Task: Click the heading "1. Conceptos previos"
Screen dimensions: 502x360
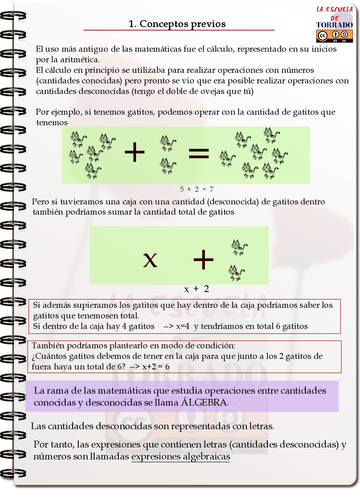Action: (177, 24)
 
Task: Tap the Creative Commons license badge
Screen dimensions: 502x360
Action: (334, 36)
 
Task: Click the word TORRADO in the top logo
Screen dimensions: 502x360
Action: (334, 25)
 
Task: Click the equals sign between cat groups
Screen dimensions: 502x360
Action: (199, 153)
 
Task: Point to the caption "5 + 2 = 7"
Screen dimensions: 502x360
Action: (197, 189)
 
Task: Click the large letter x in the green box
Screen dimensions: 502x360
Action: (150, 260)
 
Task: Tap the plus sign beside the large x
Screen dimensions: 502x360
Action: (204, 260)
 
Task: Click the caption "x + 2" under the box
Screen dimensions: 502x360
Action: (197, 289)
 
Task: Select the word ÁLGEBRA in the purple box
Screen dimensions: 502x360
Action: (204, 402)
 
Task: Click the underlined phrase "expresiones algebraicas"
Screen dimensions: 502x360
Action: (181, 457)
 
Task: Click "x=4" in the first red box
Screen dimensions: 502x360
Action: (182, 326)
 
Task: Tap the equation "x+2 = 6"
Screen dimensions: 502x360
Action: (156, 367)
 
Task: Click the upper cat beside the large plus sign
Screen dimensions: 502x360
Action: (239, 247)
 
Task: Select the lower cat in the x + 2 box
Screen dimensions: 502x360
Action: (236, 273)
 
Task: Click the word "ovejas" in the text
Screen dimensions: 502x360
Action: (202, 91)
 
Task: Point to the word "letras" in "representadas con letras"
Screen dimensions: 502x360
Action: (261, 426)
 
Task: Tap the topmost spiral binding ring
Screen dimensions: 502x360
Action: (13, 16)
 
